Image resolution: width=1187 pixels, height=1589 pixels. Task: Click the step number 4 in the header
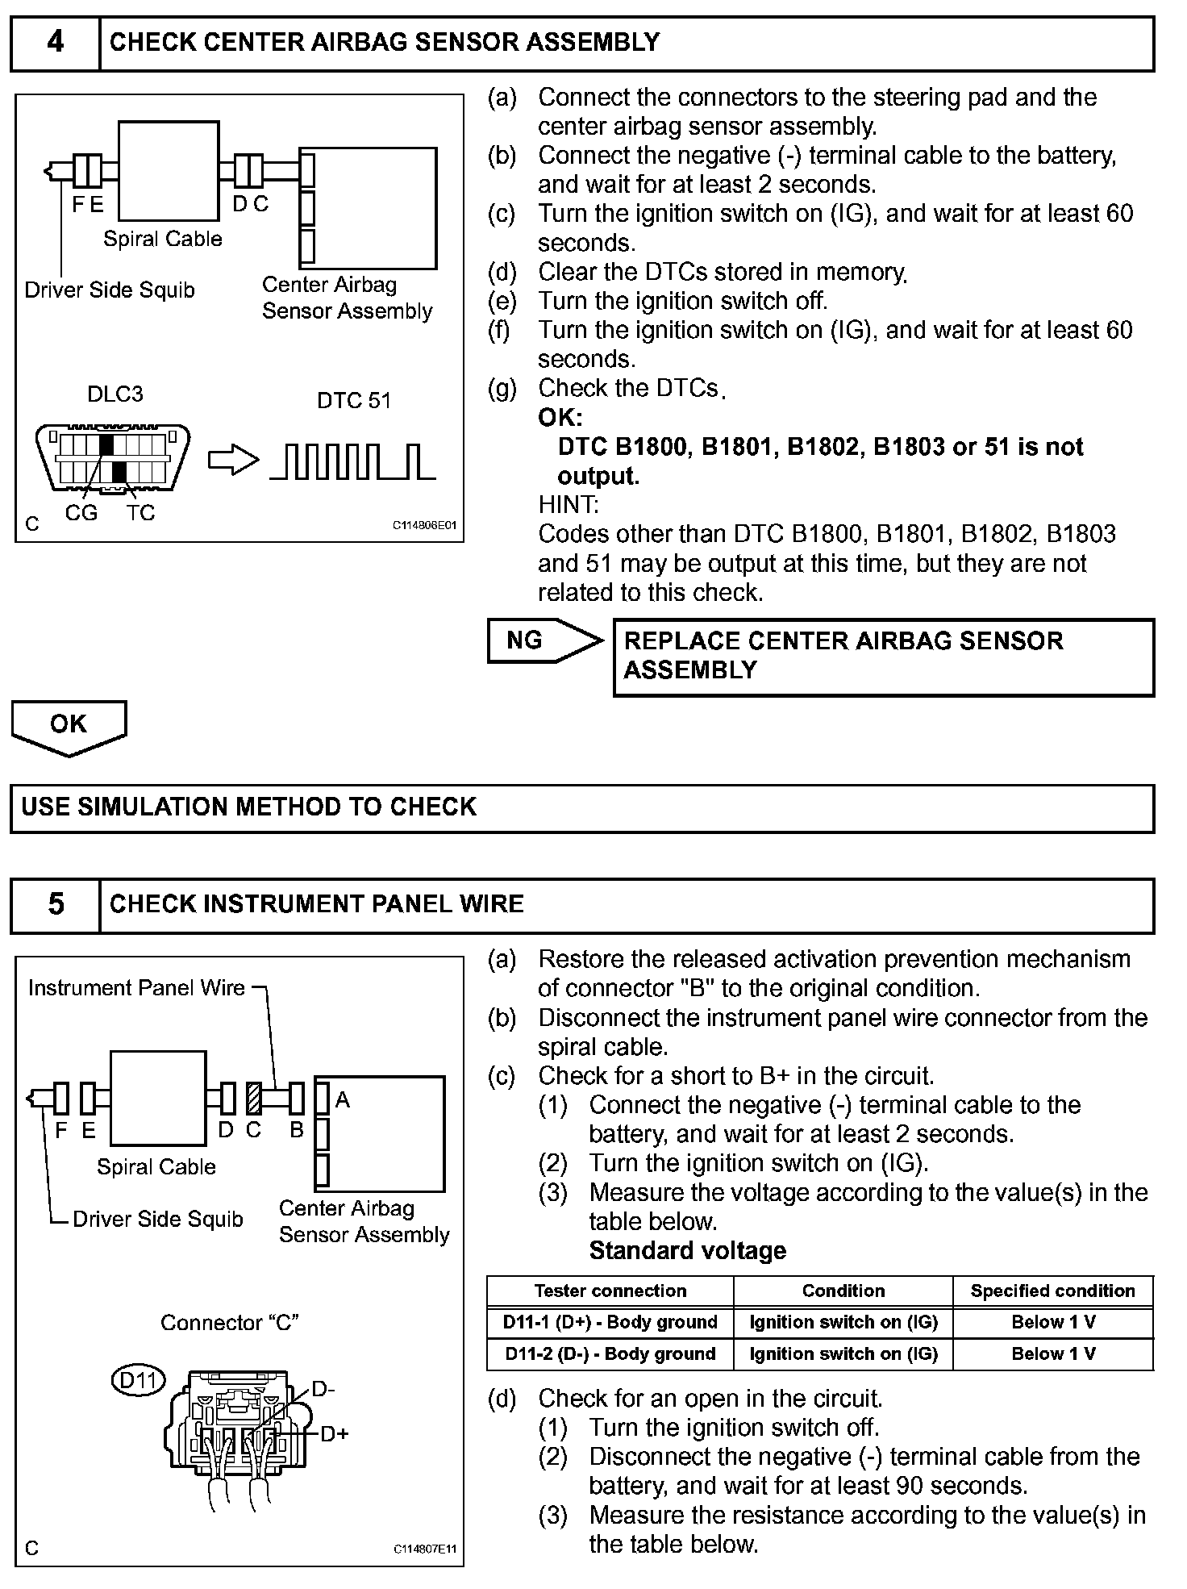tap(55, 42)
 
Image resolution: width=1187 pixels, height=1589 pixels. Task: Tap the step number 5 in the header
tap(55, 904)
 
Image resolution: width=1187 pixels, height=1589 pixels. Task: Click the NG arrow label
tap(526, 640)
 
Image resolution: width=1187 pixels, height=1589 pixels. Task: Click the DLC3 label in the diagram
tap(115, 394)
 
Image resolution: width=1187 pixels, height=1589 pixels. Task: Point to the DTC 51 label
tap(354, 401)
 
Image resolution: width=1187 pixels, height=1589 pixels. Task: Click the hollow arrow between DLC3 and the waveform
tap(233, 460)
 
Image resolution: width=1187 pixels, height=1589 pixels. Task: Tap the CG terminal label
tap(81, 513)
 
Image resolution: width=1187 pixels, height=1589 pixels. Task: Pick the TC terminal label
tap(140, 513)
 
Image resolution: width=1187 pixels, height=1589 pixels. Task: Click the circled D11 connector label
tap(138, 1380)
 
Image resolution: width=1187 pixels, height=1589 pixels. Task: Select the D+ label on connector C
tap(334, 1433)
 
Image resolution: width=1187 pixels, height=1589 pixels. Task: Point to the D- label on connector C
tap(323, 1388)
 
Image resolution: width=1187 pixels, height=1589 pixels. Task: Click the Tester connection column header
tap(610, 1291)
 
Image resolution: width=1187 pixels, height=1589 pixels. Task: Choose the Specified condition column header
tap(1052, 1291)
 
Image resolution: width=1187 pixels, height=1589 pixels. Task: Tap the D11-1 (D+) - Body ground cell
tap(610, 1322)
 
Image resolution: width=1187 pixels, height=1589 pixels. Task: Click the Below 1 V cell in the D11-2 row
tap(1053, 1353)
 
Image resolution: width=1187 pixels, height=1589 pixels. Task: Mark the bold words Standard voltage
tap(688, 1251)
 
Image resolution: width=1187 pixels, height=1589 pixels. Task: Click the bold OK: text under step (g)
tap(560, 418)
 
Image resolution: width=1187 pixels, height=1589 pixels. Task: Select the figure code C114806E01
tap(425, 525)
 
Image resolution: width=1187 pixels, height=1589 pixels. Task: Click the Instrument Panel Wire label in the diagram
tap(136, 988)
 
